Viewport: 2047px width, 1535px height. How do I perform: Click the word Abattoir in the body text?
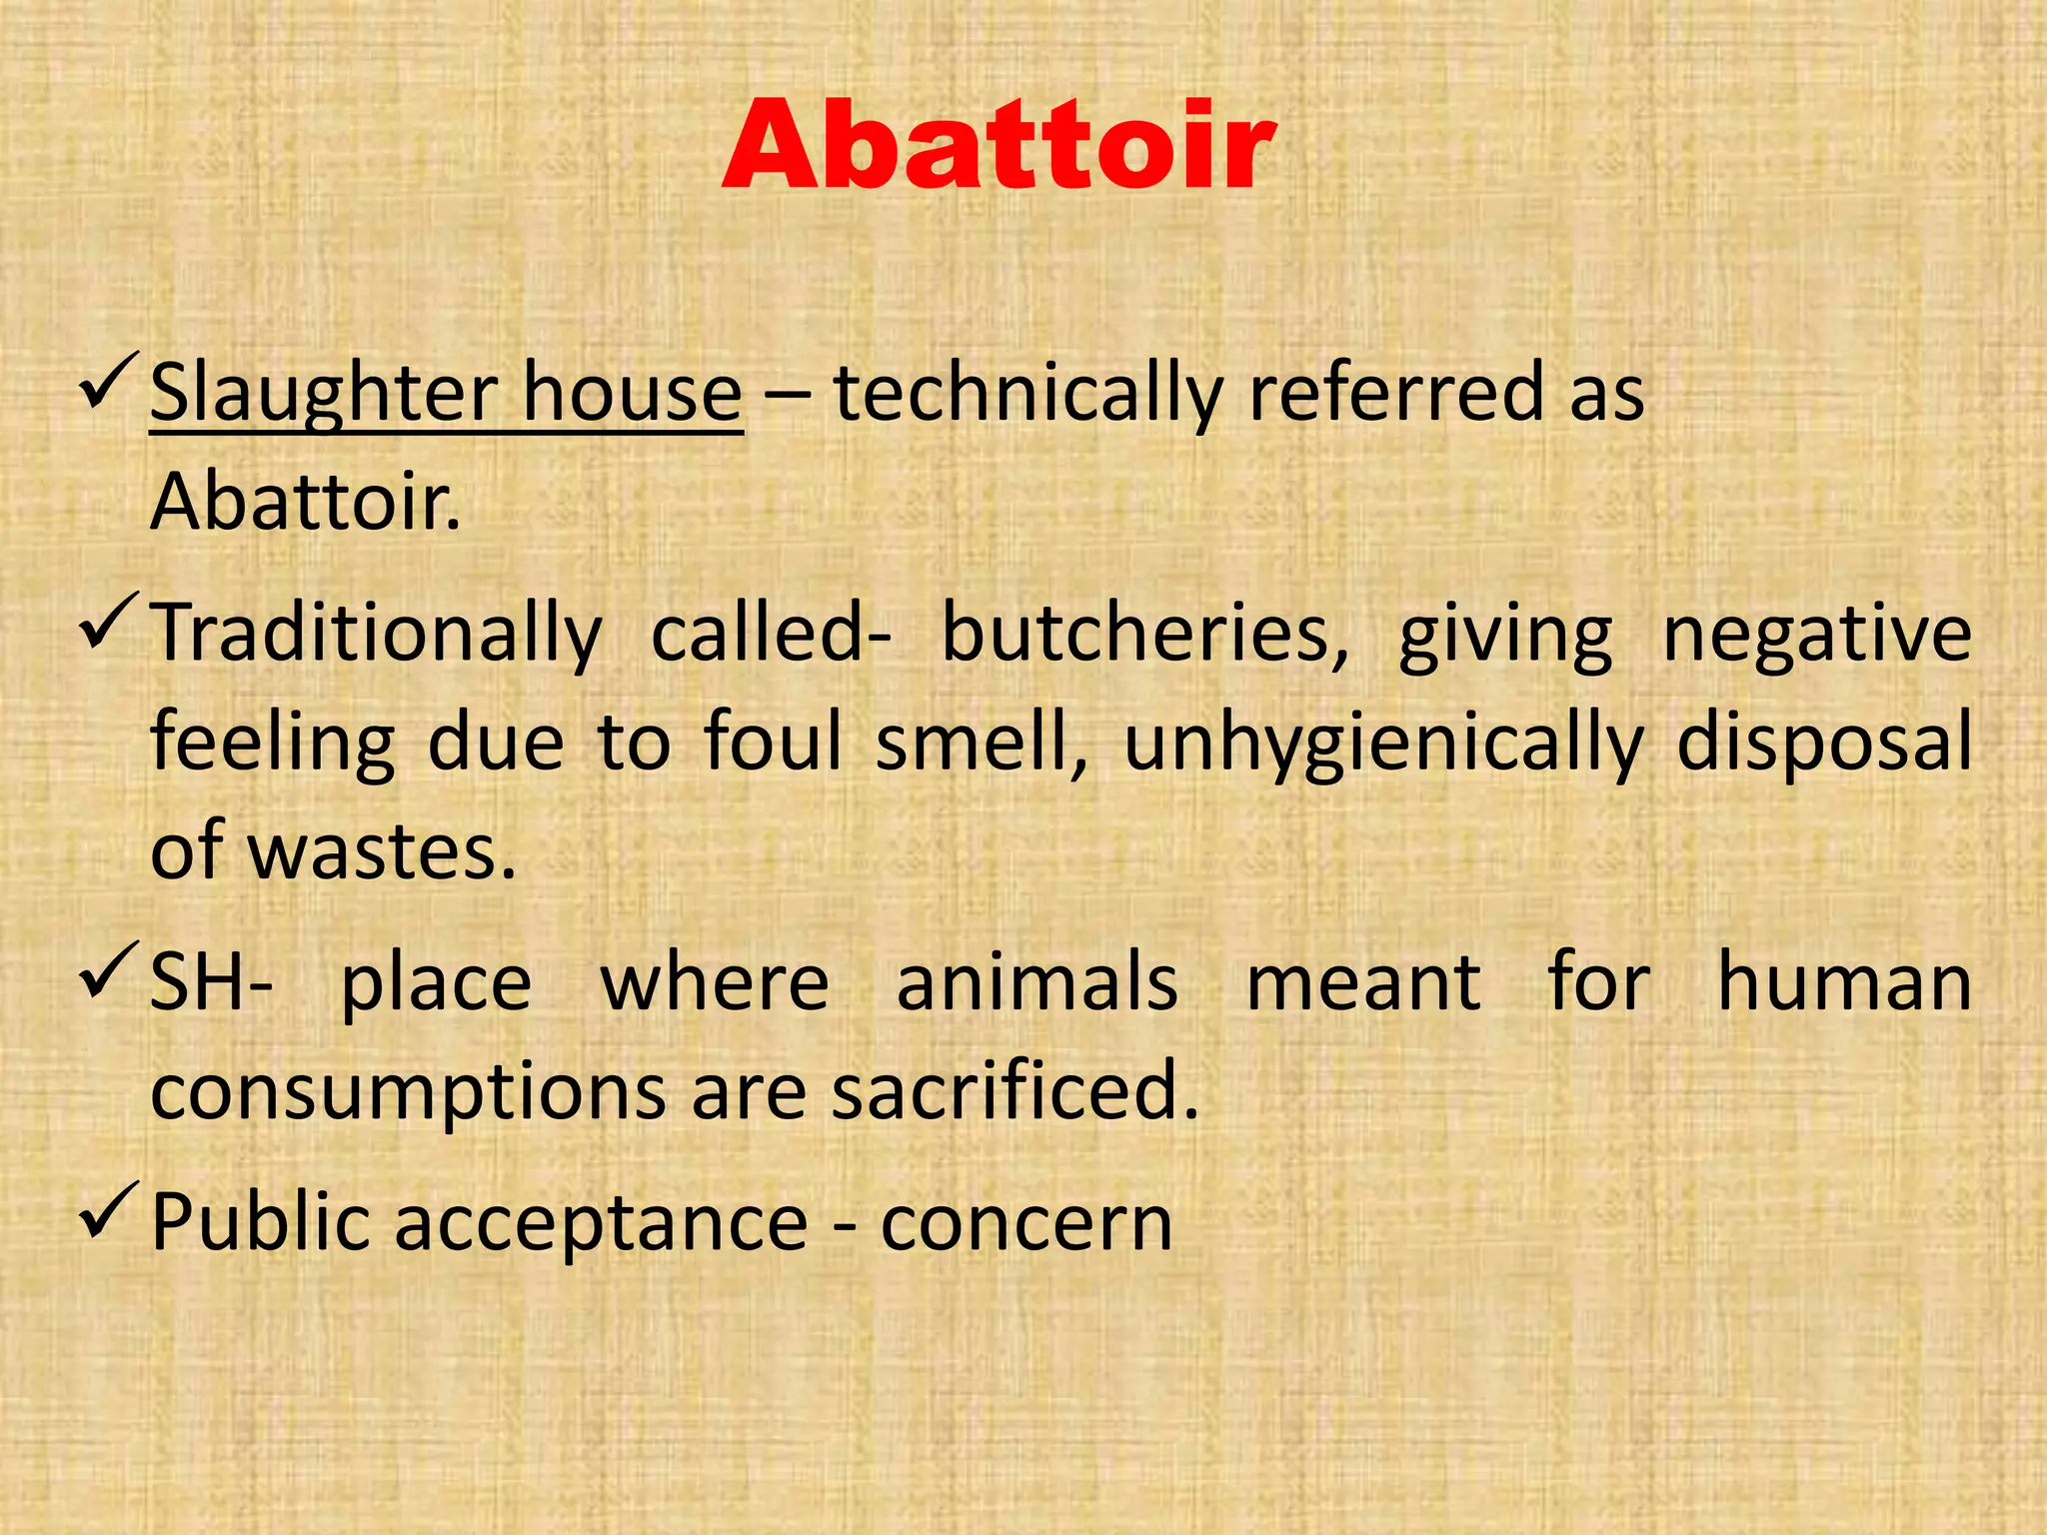click(x=305, y=502)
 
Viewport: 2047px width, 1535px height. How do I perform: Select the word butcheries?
click(x=1145, y=634)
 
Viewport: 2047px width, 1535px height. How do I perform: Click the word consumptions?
click(x=408, y=1092)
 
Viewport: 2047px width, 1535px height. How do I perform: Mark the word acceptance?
click(x=601, y=1223)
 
